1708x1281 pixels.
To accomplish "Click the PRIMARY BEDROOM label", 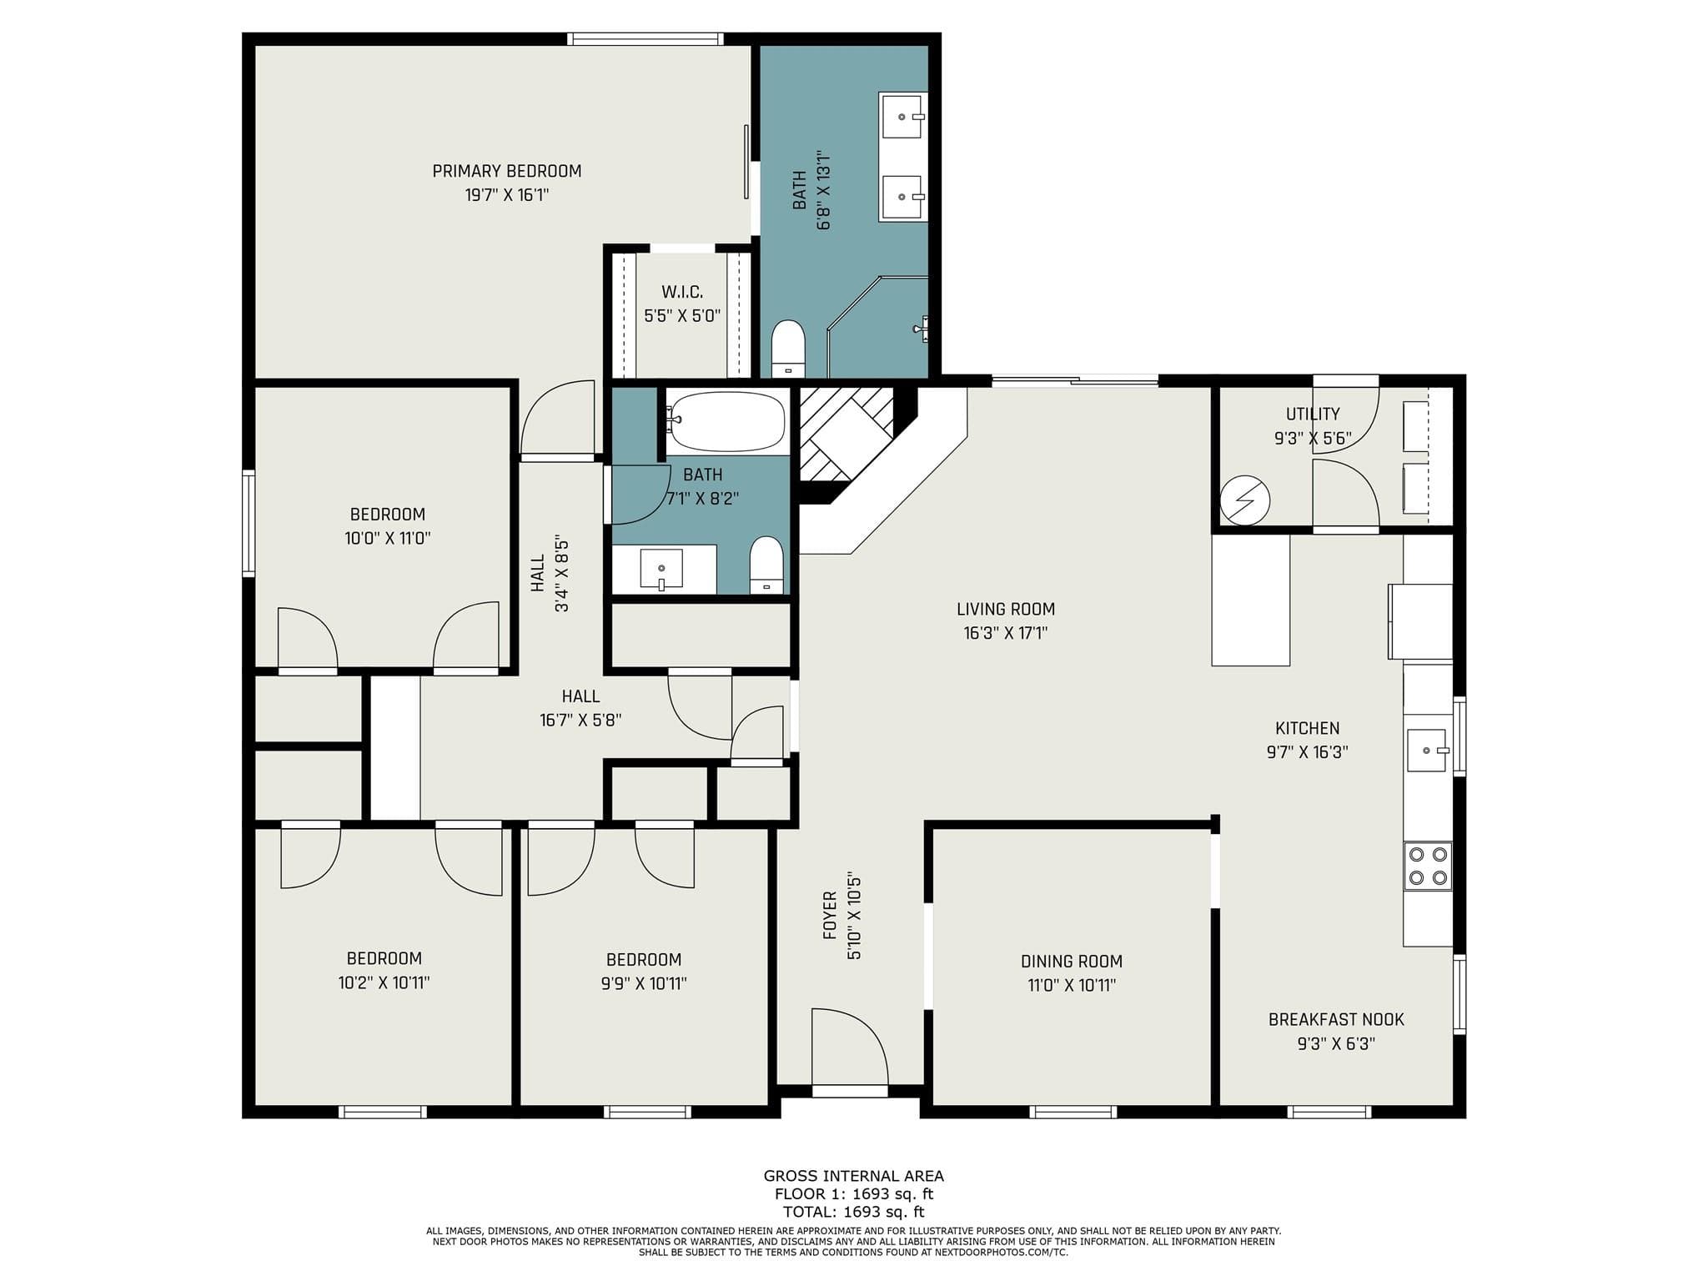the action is [x=507, y=171].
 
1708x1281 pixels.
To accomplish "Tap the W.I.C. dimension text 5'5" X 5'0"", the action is [x=682, y=316].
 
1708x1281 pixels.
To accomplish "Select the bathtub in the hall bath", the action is [x=726, y=421].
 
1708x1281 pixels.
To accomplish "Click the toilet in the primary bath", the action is [x=787, y=349].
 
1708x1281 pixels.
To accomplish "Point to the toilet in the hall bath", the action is [x=766, y=565].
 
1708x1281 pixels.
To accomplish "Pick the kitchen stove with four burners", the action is [x=1428, y=866].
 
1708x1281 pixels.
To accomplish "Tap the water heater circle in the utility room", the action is [x=1245, y=500].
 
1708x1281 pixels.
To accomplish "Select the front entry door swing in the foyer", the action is [x=850, y=1047].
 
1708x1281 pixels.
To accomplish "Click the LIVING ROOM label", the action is [x=1006, y=609].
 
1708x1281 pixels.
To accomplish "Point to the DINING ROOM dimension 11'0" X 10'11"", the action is [x=1072, y=985].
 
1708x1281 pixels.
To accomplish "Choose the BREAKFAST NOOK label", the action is [x=1336, y=1019].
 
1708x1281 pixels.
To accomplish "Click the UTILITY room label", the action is [x=1313, y=414].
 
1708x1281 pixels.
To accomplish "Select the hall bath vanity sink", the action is [x=661, y=570].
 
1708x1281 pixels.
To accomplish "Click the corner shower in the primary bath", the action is [x=877, y=327].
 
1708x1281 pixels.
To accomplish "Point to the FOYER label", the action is [x=830, y=916].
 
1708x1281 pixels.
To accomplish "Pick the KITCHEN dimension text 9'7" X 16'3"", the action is [x=1307, y=751].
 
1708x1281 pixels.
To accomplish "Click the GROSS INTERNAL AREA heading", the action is [x=854, y=1176].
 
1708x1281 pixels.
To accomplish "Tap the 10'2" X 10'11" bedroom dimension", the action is [x=384, y=982].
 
